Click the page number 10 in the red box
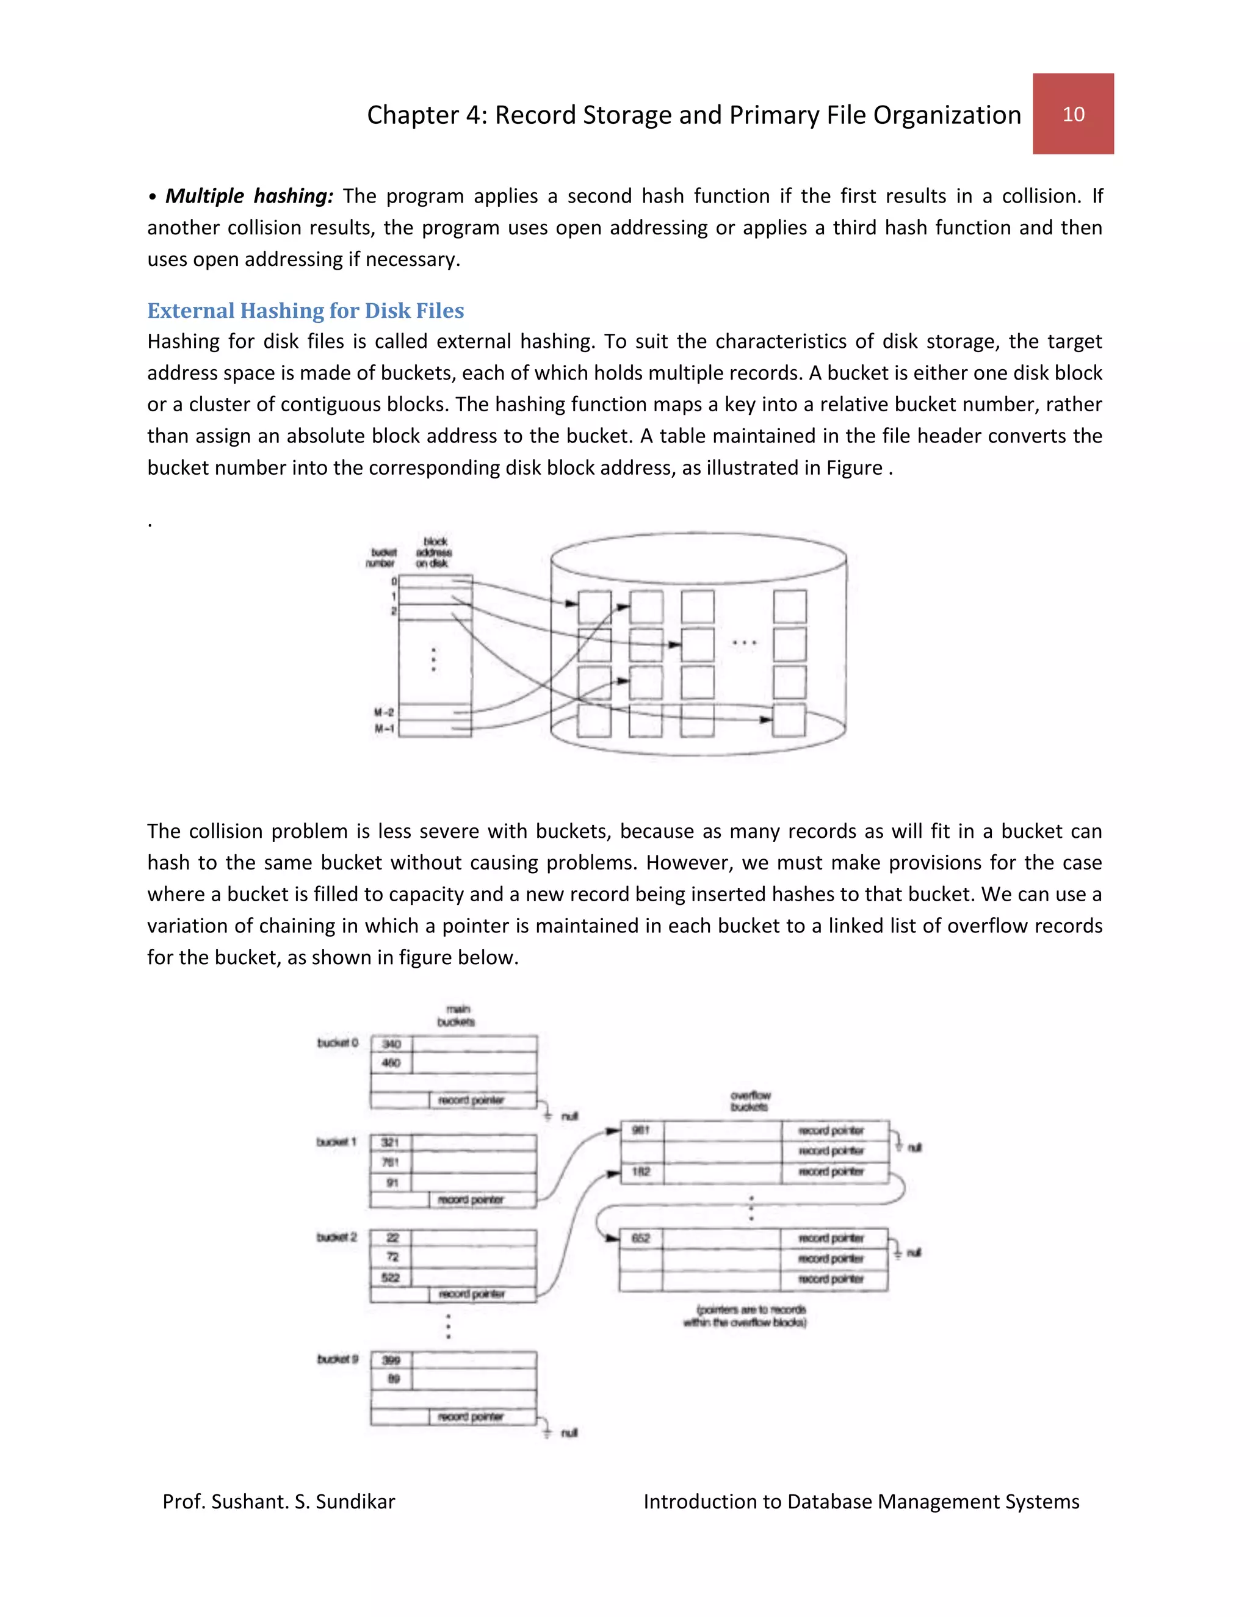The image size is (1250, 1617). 1073,114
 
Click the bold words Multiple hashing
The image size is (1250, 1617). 249,196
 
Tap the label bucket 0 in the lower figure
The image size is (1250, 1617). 338,1042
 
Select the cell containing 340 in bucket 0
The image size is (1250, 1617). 391,1044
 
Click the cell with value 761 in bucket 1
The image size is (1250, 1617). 390,1162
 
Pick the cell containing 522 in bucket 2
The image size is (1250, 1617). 390,1277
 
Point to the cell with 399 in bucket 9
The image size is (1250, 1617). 391,1360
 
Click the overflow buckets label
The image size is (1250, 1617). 750,1101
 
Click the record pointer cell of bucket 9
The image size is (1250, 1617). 471,1416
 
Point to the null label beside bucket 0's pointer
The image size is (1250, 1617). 569,1117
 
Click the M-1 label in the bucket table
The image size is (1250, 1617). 385,729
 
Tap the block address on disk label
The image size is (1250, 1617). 434,552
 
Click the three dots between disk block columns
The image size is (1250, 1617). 743,643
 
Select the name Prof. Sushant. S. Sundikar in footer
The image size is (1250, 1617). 278,1502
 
